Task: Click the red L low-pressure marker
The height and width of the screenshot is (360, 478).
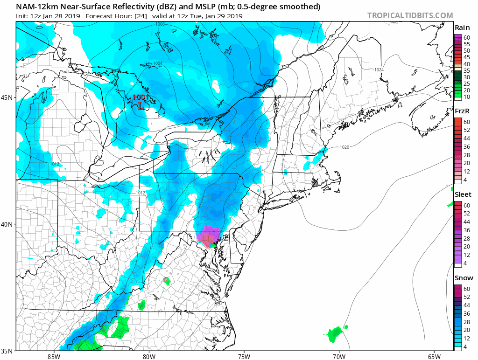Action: [x=140, y=106]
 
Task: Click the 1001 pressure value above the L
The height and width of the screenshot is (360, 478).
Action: [x=140, y=97]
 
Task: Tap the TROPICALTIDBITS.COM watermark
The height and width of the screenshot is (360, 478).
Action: [x=410, y=15]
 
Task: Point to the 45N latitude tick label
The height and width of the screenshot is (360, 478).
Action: [x=8, y=97]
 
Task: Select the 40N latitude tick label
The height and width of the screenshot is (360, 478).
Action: [x=8, y=224]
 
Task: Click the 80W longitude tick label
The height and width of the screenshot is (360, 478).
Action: [x=149, y=356]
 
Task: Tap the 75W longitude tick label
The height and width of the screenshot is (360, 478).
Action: [x=244, y=356]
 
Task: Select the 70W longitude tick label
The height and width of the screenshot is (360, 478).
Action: [x=339, y=356]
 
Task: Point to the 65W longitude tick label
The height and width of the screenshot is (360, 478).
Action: [x=434, y=356]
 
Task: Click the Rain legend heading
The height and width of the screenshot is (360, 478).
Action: [x=462, y=28]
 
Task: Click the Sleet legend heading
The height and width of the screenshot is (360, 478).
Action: [x=463, y=194]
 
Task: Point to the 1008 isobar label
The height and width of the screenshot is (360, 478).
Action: [x=161, y=24]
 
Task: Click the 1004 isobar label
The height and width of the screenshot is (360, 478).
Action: [x=158, y=63]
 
